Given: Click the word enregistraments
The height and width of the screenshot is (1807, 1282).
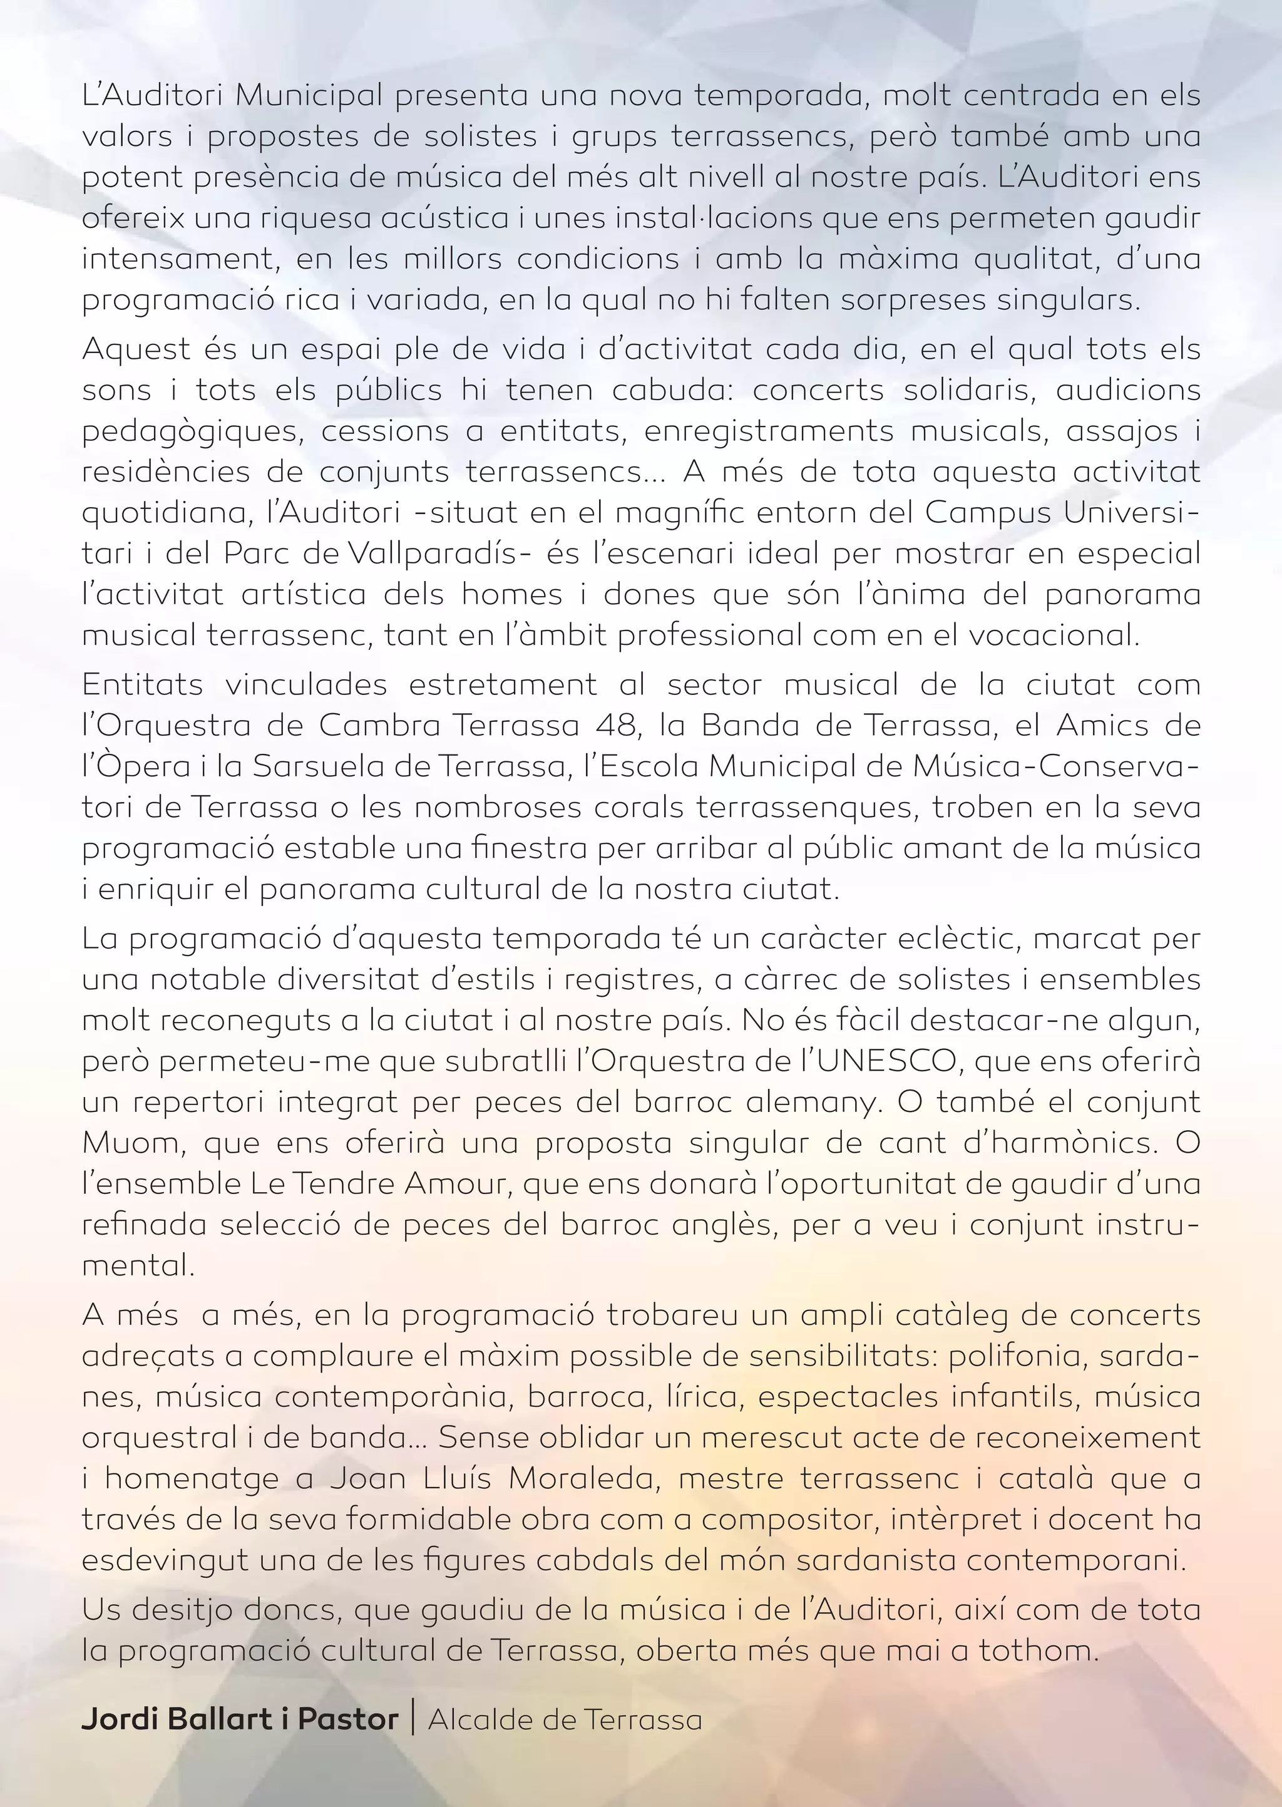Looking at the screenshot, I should tap(768, 431).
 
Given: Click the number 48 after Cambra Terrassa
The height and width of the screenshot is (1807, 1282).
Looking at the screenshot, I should tap(619, 724).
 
